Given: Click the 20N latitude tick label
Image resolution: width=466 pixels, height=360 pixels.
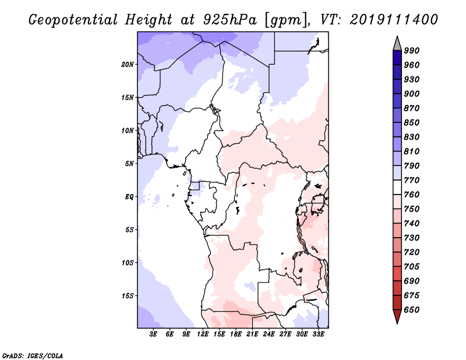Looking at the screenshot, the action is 128,65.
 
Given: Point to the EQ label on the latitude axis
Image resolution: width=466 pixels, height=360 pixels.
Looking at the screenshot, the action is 129,197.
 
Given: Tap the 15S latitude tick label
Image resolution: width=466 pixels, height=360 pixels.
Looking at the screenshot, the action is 128,296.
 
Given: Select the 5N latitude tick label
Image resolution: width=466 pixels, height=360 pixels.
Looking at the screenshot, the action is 129,164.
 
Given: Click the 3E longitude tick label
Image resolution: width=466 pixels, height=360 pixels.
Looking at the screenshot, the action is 153,334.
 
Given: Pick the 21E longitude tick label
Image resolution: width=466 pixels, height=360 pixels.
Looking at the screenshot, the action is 252,334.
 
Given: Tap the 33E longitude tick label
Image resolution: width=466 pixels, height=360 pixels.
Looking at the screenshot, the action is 318,334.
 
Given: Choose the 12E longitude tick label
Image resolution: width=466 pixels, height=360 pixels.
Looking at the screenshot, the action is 203,334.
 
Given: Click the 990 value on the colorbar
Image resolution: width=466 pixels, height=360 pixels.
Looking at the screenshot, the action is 412,51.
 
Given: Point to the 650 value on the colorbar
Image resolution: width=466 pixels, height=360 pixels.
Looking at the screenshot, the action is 412,310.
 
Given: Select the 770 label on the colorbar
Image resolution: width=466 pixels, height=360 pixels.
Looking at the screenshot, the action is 412,180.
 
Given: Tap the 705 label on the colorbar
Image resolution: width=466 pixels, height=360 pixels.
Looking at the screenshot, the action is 412,266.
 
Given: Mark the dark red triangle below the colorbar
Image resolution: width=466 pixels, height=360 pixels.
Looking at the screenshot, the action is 397,316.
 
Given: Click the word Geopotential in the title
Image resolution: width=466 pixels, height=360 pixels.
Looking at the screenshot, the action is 73,20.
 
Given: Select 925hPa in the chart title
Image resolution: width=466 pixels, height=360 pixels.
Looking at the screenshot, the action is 230,20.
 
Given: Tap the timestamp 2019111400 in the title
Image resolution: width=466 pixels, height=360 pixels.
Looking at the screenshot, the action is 394,20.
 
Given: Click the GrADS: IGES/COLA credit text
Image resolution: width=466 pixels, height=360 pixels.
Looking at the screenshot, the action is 33,356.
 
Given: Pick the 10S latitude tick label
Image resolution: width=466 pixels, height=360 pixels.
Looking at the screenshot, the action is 128,263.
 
